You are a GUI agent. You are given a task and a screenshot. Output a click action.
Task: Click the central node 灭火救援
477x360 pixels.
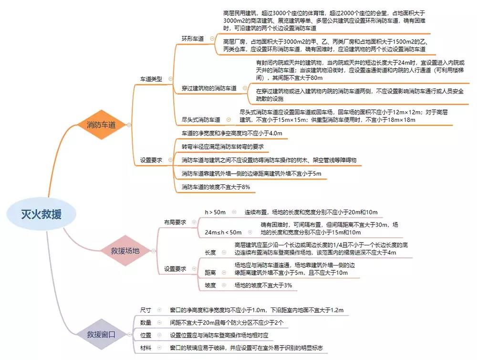click(41, 214)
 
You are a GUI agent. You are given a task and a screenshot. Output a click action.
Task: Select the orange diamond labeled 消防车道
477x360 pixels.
click(101, 125)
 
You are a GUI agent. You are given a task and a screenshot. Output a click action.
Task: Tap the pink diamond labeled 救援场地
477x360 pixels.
click(125, 250)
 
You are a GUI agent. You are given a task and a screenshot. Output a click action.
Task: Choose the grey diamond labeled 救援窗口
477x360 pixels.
click(101, 333)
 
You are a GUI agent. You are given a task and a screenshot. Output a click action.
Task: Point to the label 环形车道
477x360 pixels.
click(193, 39)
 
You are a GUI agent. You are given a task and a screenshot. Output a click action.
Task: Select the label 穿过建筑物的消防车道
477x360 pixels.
click(209, 88)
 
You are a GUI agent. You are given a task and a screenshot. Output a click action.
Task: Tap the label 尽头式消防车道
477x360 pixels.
click(201, 119)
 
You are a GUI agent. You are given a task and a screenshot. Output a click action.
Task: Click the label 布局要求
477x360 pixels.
click(175, 222)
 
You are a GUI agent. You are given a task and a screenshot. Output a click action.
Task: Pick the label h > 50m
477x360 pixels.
click(215, 212)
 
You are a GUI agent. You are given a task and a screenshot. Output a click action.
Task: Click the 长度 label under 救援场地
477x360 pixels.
click(210, 252)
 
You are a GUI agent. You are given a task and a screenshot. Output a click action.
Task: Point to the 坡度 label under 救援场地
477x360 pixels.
click(210, 285)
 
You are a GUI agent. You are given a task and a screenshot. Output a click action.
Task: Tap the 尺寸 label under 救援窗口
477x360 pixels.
click(145, 310)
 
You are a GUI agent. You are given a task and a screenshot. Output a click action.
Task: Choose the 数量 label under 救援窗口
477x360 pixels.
click(145, 323)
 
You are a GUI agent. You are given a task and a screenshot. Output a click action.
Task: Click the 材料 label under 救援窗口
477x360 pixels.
click(145, 348)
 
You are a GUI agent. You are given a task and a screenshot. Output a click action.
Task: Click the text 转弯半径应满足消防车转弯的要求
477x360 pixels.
click(223, 146)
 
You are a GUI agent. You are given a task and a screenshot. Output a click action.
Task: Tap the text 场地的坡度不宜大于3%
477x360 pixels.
click(263, 285)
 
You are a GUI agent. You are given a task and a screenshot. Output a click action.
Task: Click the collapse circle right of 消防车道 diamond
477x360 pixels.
click(129, 125)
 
